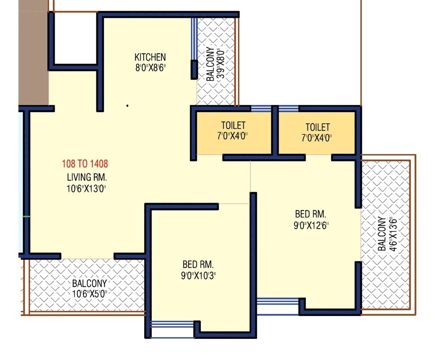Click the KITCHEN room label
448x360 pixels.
tap(150, 57)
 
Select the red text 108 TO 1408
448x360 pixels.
tap(85, 164)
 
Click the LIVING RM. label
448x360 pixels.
tap(85, 176)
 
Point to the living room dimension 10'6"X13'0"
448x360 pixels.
tap(85, 188)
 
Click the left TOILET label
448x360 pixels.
tap(233, 126)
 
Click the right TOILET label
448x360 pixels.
tap(318, 127)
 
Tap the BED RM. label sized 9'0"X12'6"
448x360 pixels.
tap(310, 213)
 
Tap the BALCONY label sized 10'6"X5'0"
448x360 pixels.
tap(90, 283)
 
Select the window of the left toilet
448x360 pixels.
tap(261, 108)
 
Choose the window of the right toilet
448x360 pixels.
tap(289, 108)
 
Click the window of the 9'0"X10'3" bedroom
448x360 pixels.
tap(172, 324)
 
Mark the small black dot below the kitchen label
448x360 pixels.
tap(128, 106)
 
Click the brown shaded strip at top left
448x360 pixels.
tap(33, 54)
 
